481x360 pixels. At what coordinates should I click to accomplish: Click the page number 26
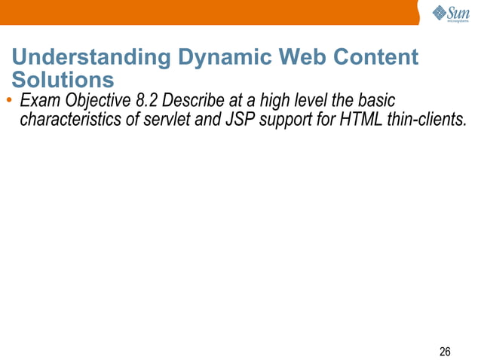click(x=445, y=351)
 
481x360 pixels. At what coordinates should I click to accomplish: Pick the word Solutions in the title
click(x=63, y=80)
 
